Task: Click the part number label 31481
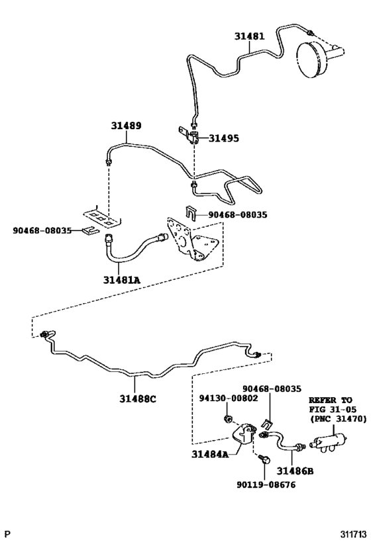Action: point(249,36)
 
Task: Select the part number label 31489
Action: point(126,126)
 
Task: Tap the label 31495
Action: point(223,138)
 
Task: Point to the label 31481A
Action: point(122,280)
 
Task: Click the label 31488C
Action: point(138,399)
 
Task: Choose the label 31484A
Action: point(210,454)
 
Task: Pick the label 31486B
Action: point(295,471)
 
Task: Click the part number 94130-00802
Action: point(229,398)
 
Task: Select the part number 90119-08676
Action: point(266,484)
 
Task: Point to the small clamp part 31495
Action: point(189,134)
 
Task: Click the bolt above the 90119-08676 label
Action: point(264,459)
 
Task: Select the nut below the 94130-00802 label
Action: point(227,419)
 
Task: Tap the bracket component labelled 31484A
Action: point(244,433)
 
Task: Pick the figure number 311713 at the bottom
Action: point(354,535)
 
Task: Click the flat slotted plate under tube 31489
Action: point(102,216)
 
